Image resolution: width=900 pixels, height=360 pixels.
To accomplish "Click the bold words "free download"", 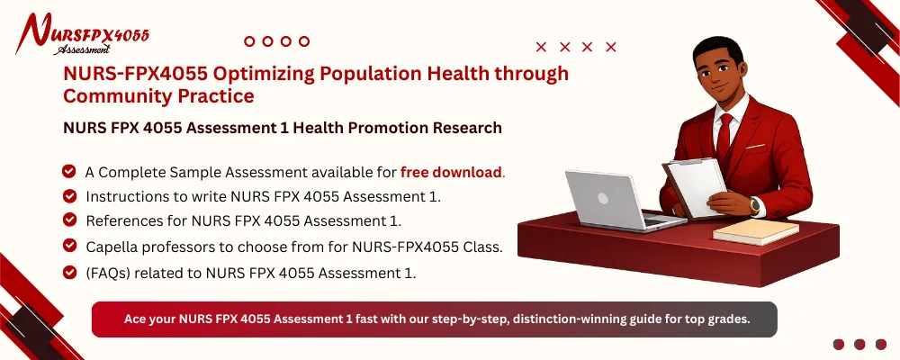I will (451, 172).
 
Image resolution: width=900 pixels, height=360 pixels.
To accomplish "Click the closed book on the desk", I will (755, 231).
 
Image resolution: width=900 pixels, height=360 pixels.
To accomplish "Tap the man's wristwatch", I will (753, 206).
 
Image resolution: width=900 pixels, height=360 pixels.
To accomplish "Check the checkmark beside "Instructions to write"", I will (68, 195).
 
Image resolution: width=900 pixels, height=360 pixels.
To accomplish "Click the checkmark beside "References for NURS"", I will (68, 220).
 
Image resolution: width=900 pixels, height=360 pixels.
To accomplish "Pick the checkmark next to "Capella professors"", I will (68, 245).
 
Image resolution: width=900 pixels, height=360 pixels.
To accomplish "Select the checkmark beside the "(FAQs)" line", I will (68, 272).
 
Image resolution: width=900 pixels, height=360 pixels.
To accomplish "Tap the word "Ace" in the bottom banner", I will (134, 319).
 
